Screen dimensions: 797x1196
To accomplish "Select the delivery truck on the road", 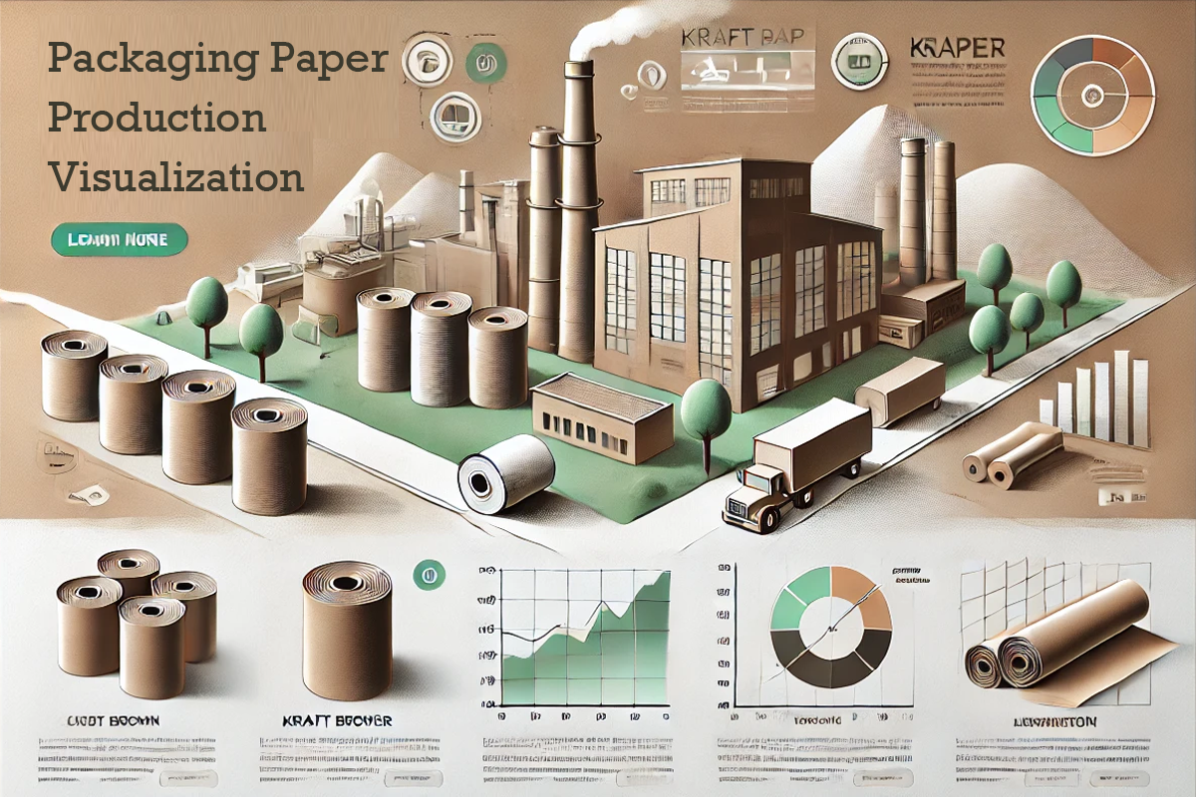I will click(797, 463).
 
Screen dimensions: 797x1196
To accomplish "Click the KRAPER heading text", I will click(958, 47).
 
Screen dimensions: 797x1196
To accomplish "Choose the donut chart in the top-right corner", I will click(1092, 96).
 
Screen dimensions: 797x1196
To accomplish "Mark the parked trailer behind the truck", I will click(901, 389).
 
